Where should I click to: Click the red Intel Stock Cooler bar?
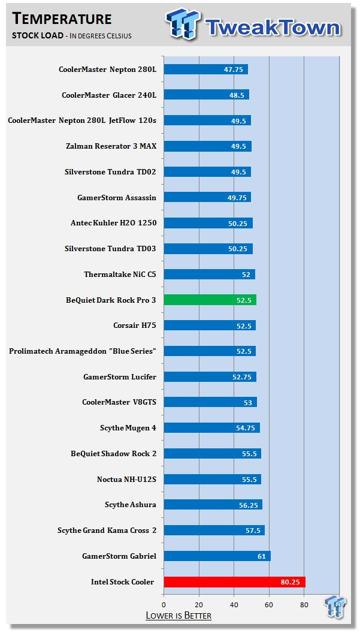click(x=234, y=581)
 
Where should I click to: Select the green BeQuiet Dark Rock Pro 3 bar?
click(x=210, y=300)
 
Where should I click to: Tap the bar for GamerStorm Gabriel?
click(x=216, y=556)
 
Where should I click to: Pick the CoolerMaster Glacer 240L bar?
click(x=205, y=95)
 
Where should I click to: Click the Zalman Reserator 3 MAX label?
click(x=111, y=146)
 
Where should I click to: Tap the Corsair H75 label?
click(x=135, y=325)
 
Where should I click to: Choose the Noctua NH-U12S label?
click(x=126, y=479)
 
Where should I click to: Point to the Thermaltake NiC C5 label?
click(x=120, y=275)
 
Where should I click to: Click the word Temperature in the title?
click(x=62, y=19)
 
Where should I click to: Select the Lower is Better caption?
click(x=179, y=616)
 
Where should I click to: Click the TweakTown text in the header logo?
click(x=273, y=26)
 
